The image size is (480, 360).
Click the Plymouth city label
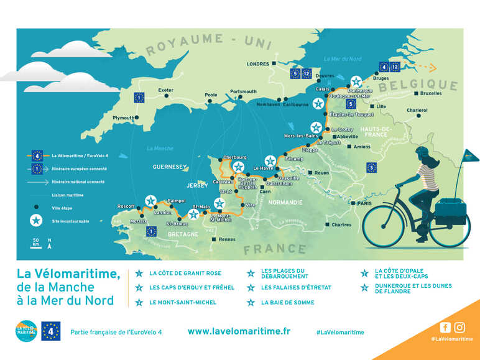click(x=122, y=118)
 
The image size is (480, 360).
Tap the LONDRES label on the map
click(x=257, y=63)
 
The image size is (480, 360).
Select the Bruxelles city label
click(x=431, y=93)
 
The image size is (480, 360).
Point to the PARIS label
click(x=364, y=203)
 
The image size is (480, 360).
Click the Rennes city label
click(x=227, y=239)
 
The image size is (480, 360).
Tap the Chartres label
click(x=342, y=224)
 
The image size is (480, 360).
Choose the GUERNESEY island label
click(x=170, y=167)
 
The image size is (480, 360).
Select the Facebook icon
click(x=445, y=327)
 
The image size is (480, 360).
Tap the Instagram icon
click(x=459, y=327)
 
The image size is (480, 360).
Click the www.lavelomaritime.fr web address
click(x=239, y=331)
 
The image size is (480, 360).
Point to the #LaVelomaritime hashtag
click(x=339, y=333)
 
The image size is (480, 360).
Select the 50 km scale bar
click(x=36, y=242)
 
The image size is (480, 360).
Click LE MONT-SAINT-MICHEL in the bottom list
click(x=183, y=303)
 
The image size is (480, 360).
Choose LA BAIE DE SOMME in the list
click(x=287, y=303)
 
